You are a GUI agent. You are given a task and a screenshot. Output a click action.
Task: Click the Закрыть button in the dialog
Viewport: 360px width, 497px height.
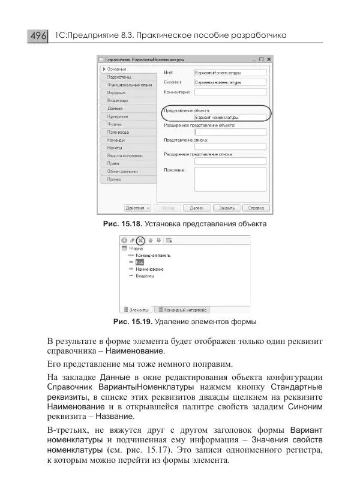point(226,208)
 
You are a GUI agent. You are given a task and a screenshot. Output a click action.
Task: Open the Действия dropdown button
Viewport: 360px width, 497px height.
point(137,208)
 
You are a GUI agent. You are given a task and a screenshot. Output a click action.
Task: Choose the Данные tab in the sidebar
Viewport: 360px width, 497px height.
point(115,108)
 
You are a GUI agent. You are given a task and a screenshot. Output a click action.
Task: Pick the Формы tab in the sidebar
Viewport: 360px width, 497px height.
point(115,124)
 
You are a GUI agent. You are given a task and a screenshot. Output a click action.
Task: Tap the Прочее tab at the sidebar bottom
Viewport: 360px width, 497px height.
point(115,179)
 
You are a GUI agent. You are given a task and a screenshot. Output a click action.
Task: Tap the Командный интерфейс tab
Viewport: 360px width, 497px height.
point(182,310)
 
